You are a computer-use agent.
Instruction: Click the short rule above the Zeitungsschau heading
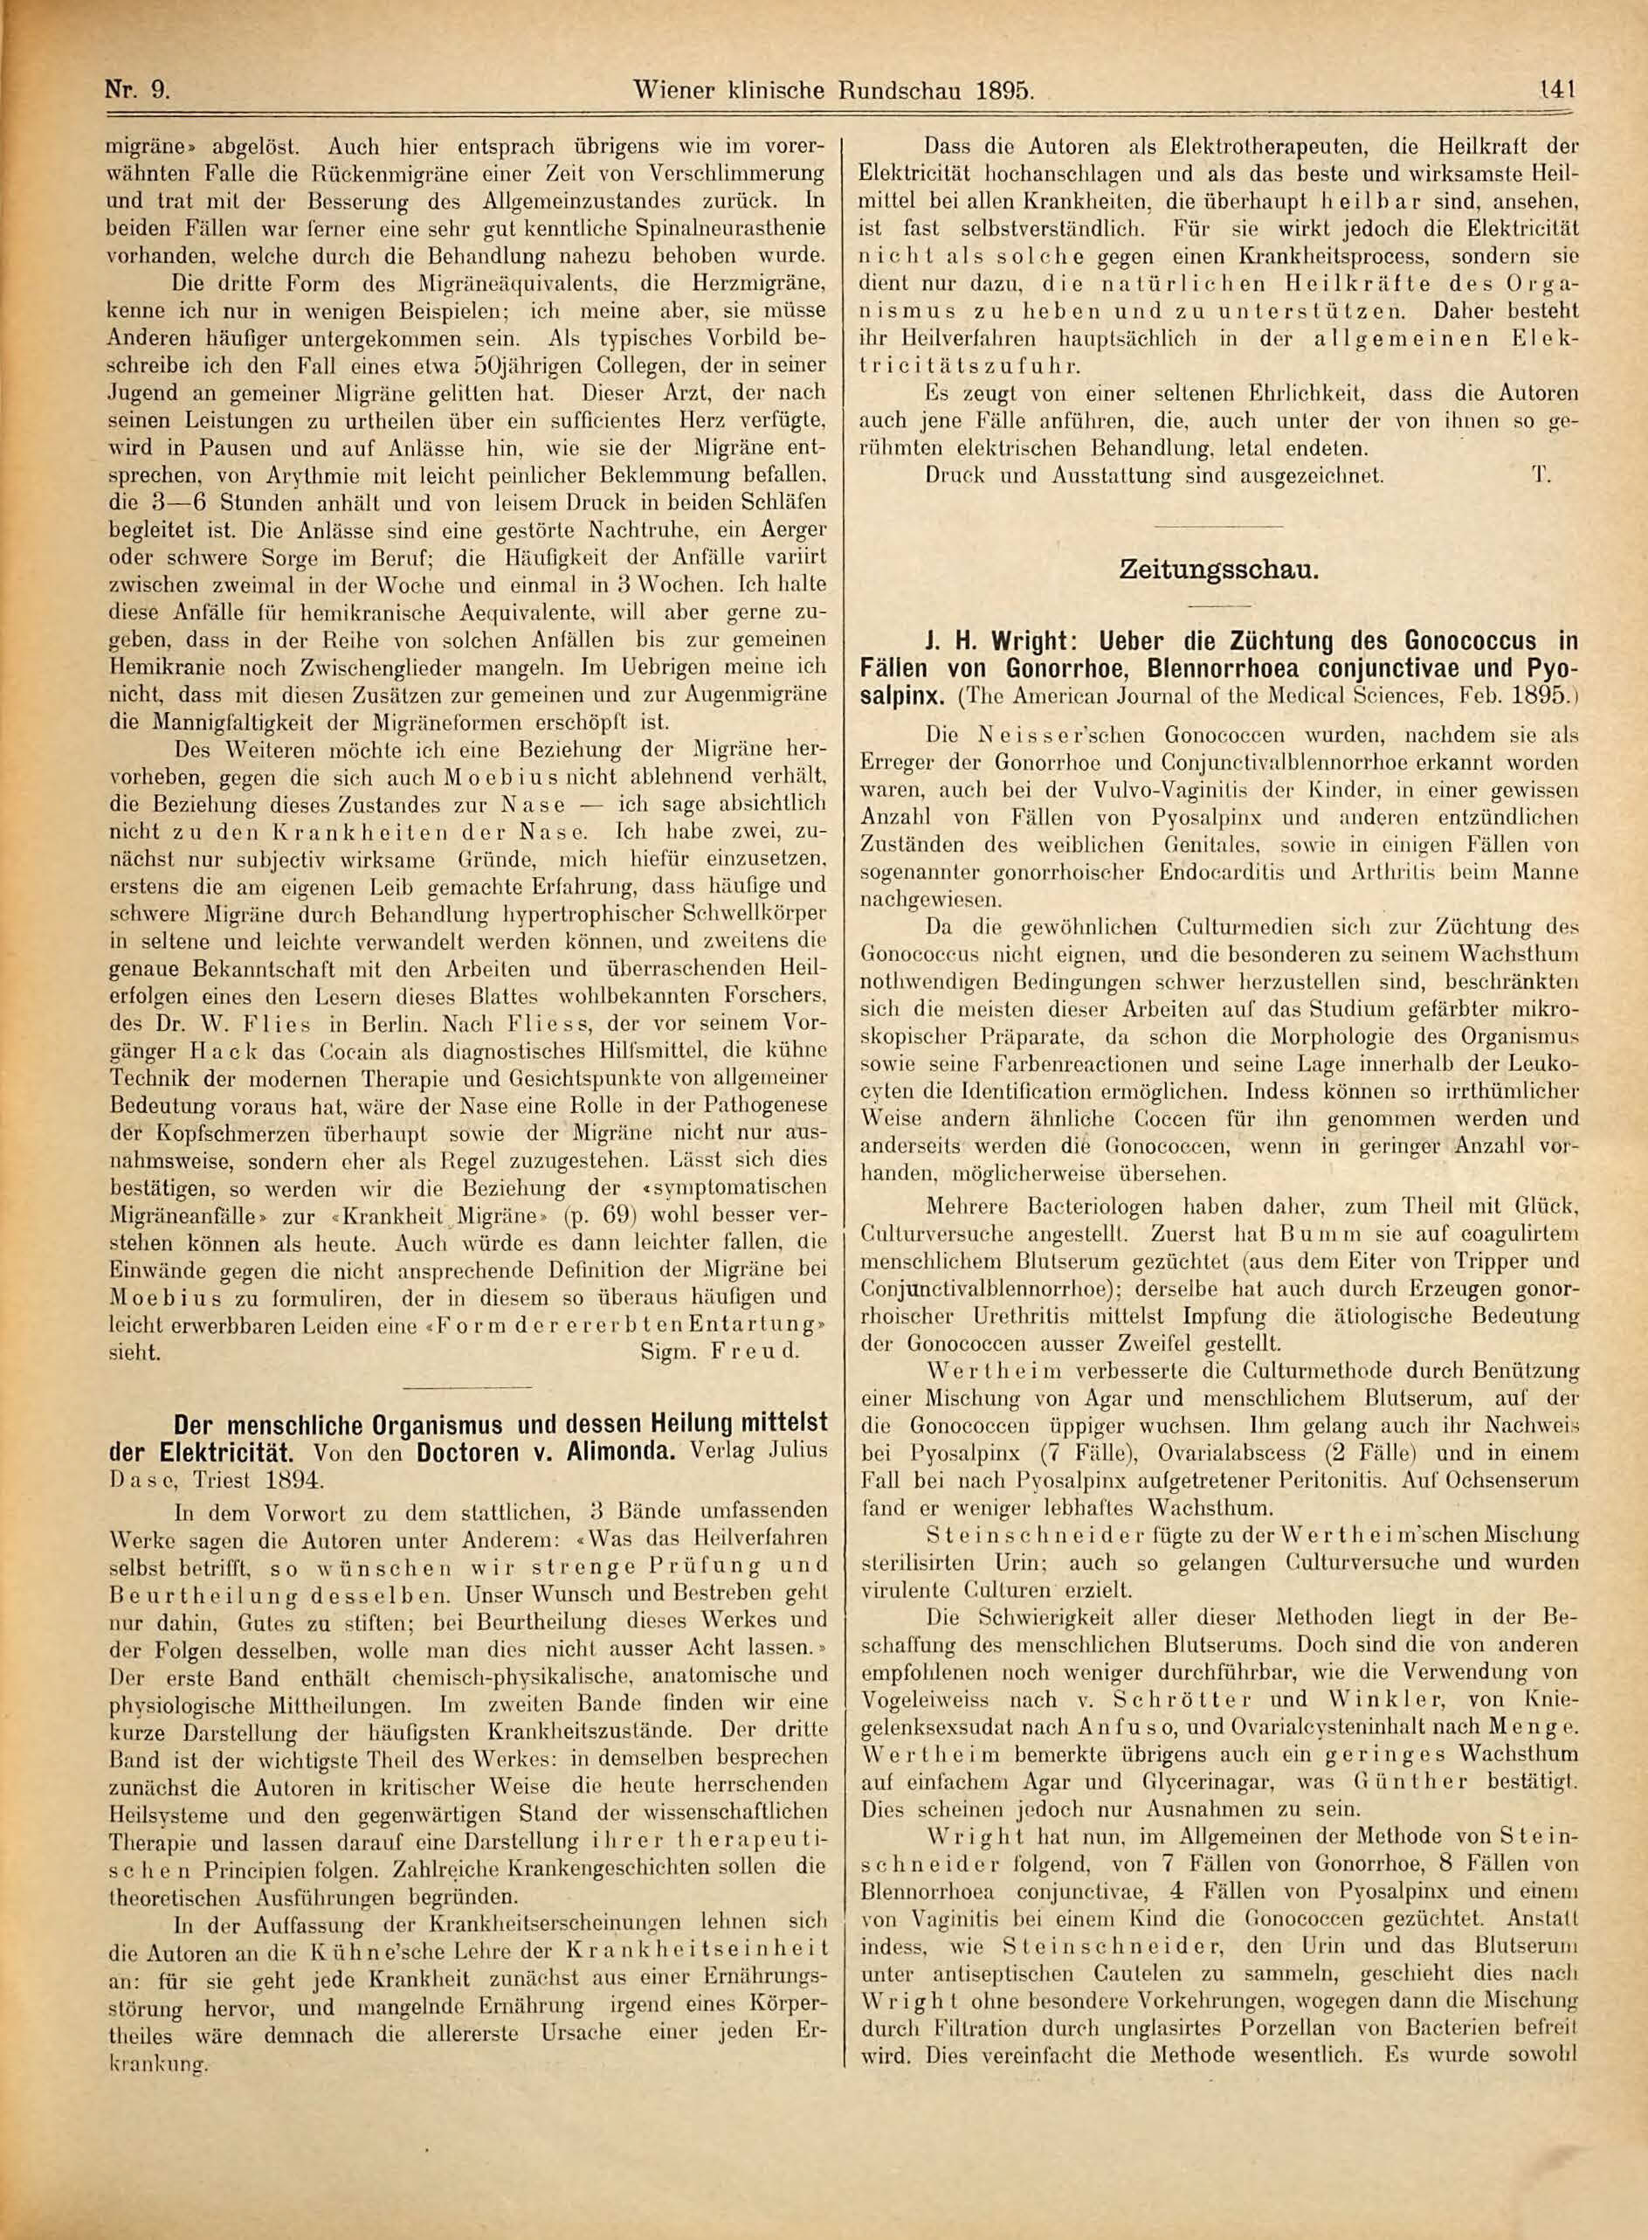(1218, 526)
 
